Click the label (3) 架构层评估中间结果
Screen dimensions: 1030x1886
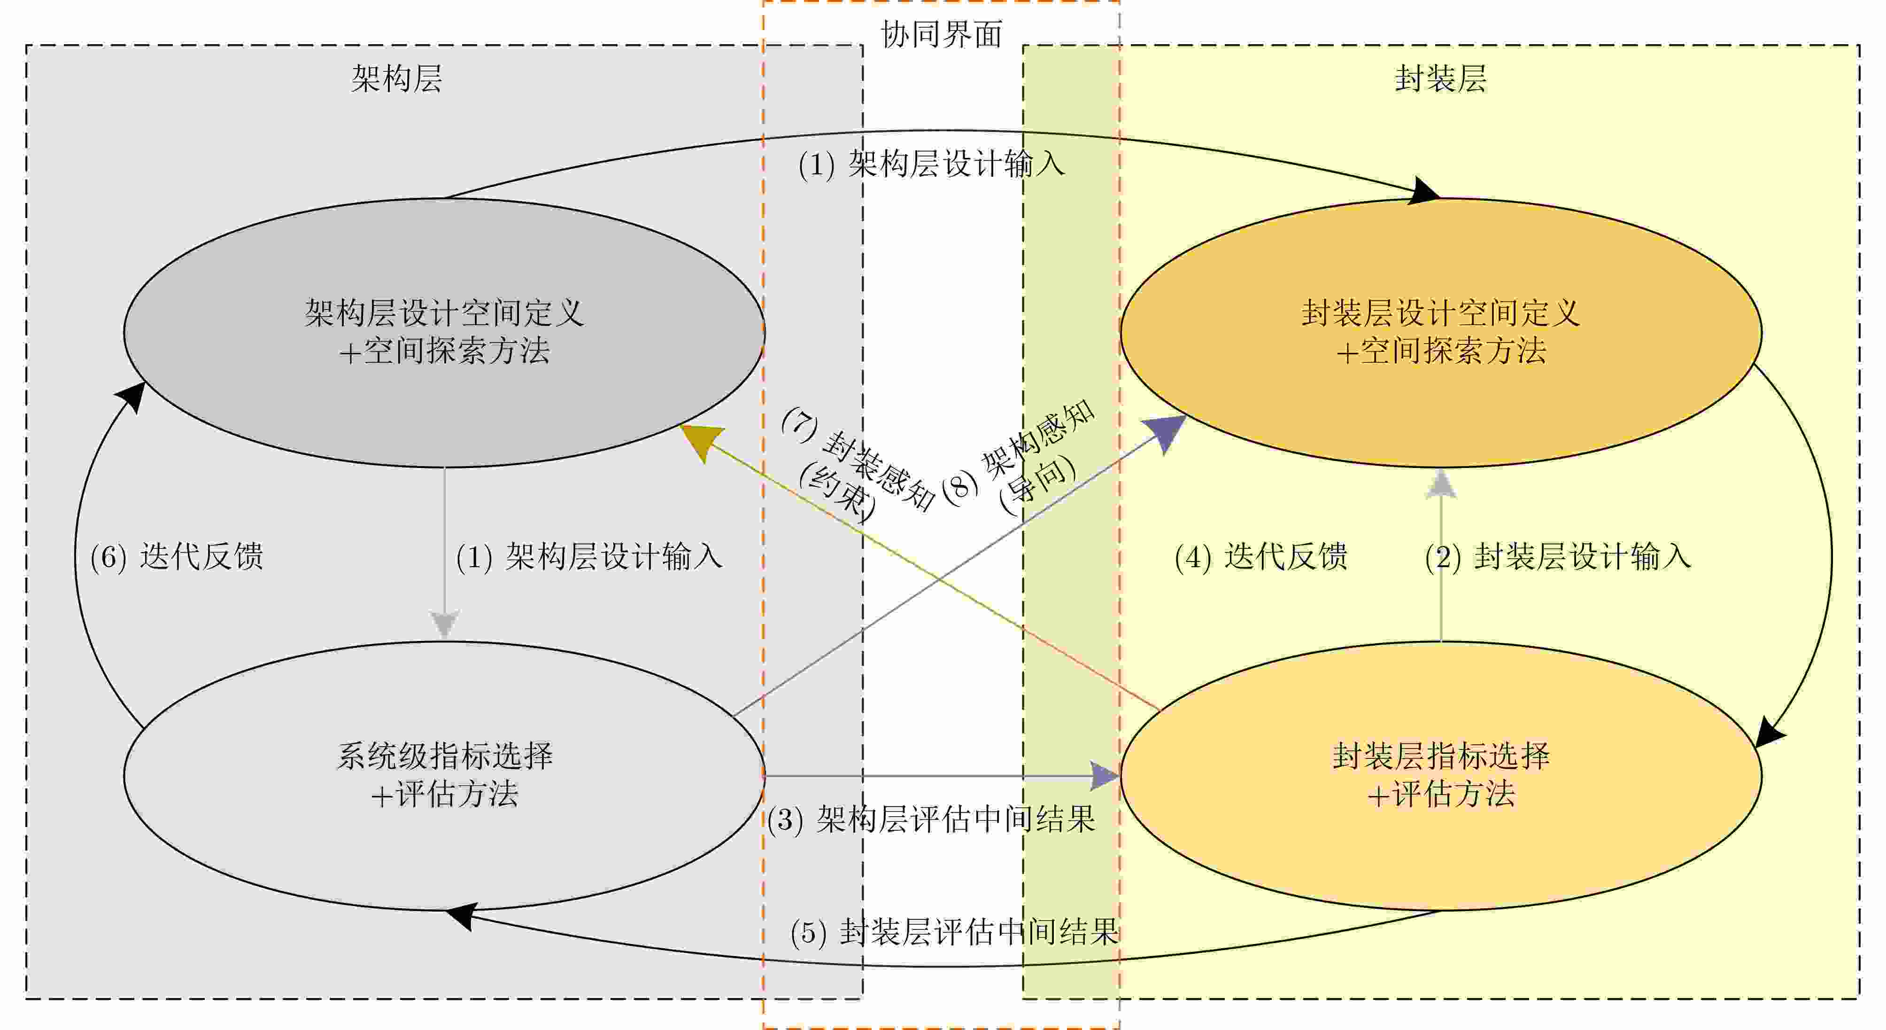click(x=930, y=819)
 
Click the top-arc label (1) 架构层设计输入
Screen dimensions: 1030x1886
click(x=930, y=164)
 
